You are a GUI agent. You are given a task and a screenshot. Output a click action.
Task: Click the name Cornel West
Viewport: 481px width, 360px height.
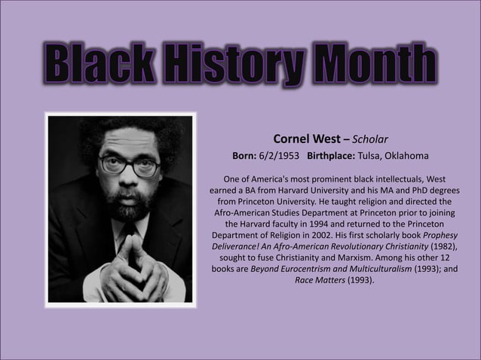[305, 139]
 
